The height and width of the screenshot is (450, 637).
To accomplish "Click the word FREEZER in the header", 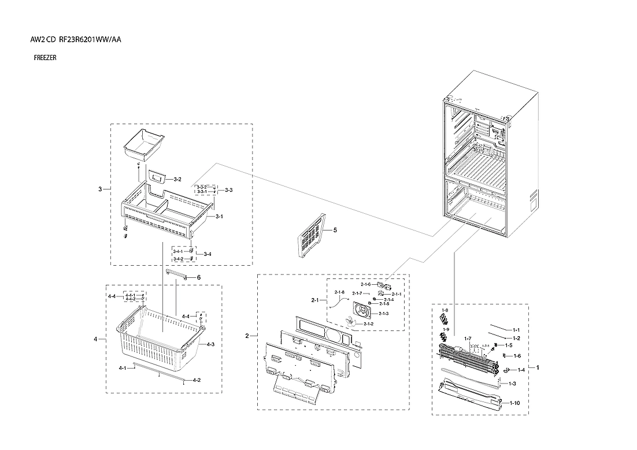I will click(x=45, y=58).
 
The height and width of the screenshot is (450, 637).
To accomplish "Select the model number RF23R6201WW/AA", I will click(x=90, y=40).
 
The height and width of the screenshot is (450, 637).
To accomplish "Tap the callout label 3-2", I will click(x=177, y=180).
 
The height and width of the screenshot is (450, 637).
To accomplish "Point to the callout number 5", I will click(x=335, y=230).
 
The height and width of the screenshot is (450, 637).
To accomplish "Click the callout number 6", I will click(x=198, y=277).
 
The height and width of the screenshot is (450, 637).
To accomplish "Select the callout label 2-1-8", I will click(x=339, y=292).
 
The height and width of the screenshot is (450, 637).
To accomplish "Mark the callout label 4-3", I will click(x=210, y=344).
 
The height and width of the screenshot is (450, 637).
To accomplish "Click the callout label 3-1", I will click(x=219, y=217).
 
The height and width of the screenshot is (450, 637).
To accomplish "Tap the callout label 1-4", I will click(x=521, y=370).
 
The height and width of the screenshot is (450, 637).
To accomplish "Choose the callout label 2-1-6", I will click(x=365, y=284).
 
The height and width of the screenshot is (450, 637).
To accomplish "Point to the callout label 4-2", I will click(x=197, y=380).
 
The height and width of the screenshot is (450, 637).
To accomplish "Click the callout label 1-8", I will click(x=445, y=310).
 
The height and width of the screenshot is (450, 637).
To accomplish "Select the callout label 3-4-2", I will click(x=178, y=259).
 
